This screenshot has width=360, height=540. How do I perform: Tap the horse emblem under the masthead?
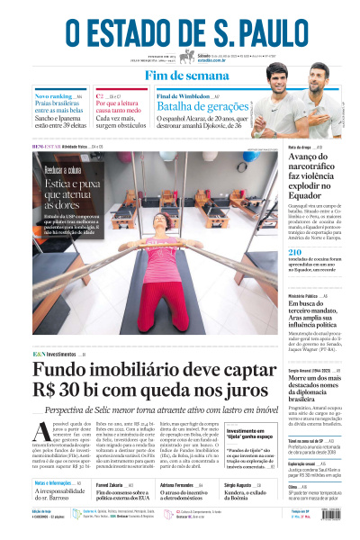(186, 57)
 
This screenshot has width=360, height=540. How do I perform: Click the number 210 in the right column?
(296, 254)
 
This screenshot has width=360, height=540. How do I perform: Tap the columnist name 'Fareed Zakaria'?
(109, 484)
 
